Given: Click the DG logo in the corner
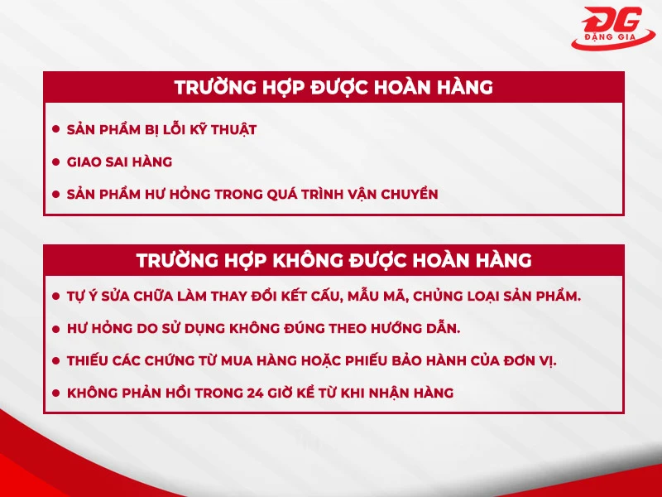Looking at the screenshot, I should tap(616, 23).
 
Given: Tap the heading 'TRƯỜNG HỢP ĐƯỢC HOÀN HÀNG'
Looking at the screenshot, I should tap(333, 87).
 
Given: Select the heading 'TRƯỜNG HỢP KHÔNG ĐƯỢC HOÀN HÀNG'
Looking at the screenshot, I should tap(333, 260).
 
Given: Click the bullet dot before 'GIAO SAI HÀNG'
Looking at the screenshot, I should tap(56, 162).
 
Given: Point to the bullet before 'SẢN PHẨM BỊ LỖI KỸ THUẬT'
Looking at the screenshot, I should tap(56, 129).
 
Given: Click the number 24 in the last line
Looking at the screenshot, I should tap(257, 393).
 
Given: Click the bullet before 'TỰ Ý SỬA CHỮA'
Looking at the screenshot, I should tap(56, 295).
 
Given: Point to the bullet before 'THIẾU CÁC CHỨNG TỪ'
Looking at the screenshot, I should tap(56, 360).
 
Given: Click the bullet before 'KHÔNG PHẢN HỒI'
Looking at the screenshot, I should tap(56, 393).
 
